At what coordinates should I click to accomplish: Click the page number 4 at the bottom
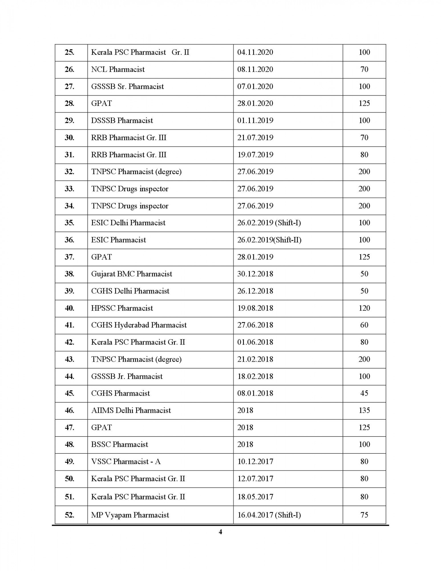tap(220, 532)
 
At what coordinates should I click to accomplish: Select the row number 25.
tap(69, 52)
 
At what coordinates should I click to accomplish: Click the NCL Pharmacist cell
tap(118, 69)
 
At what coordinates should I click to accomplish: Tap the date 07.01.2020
tap(255, 87)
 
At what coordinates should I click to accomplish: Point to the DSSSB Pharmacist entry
tap(122, 120)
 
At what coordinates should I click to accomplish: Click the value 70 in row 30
tap(364, 138)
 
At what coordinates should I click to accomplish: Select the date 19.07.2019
tap(255, 155)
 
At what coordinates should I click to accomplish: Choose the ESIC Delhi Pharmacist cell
tap(128, 223)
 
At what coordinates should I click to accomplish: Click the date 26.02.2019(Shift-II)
tap(269, 240)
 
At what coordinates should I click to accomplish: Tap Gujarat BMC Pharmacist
tap(132, 274)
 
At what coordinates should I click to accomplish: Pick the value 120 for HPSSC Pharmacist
tap(364, 308)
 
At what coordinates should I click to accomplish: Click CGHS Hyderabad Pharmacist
tap(139, 325)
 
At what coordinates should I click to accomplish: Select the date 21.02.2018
tap(255, 359)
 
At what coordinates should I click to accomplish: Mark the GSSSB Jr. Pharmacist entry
tap(127, 376)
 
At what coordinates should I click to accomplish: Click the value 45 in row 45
tap(364, 393)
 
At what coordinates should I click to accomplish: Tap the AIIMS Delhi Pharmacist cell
tap(131, 410)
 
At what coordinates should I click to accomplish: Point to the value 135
tap(364, 410)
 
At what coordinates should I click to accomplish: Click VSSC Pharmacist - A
tap(126, 462)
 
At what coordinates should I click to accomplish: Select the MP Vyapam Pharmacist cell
tap(130, 515)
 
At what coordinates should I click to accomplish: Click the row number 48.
tap(69, 445)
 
